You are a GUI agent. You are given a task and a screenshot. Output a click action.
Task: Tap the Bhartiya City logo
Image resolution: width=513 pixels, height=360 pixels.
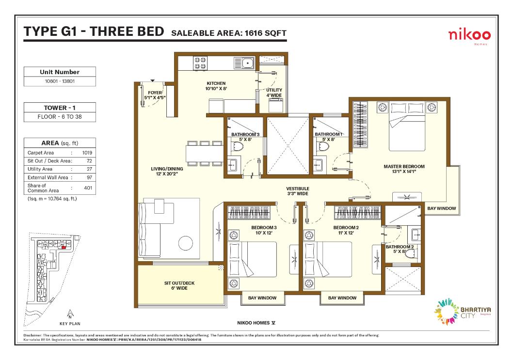click(462, 311)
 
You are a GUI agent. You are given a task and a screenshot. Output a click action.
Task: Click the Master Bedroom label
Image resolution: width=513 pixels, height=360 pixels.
click(404, 169)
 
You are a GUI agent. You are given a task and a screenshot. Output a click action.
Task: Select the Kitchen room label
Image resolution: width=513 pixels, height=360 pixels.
click(216, 86)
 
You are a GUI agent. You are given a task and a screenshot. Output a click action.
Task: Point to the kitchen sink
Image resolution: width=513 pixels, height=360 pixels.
click(244, 63)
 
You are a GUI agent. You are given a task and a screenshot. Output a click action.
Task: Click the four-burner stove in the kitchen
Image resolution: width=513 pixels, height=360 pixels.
click(200, 63)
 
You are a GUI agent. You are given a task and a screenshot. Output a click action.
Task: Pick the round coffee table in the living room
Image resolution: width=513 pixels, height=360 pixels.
click(186, 243)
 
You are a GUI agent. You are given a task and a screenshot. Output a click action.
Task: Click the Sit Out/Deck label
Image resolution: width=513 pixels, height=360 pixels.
click(179, 285)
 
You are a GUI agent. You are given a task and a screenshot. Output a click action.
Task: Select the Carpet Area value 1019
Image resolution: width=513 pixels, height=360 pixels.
click(87, 153)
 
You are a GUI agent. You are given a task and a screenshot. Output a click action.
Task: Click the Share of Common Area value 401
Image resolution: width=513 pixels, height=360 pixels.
click(88, 188)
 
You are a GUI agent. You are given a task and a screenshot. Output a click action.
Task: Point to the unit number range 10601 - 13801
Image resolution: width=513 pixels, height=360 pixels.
click(60, 81)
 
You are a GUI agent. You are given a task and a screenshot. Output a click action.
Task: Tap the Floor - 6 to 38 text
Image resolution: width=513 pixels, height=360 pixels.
click(60, 117)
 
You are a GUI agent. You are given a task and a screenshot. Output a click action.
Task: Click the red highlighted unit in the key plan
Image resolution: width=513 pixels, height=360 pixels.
click(64, 248)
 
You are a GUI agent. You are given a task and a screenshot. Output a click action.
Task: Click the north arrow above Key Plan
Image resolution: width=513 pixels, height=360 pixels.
click(70, 314)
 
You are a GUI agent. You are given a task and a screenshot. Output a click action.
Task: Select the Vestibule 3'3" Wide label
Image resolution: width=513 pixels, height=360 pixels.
click(297, 191)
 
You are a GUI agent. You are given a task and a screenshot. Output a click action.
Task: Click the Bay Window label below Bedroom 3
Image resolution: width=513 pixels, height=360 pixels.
click(262, 298)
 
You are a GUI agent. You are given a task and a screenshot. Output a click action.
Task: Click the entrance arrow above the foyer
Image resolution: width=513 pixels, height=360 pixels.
click(152, 80)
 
